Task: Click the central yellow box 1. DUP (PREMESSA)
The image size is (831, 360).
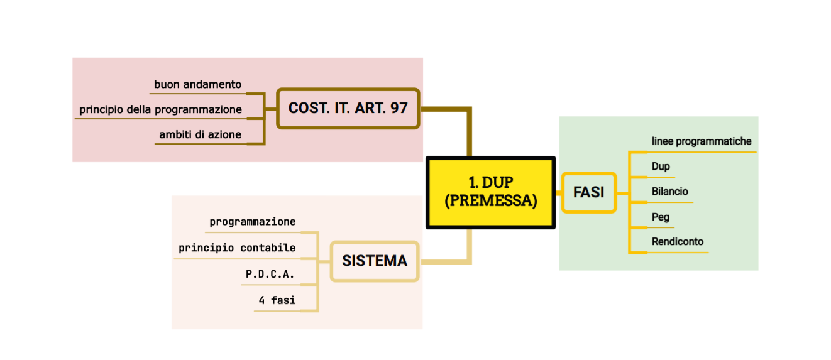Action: pos(490,192)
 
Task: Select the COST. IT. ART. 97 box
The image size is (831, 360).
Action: pos(348,109)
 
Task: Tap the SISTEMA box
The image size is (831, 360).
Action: pos(375,261)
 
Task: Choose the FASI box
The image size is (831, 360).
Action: pos(588,192)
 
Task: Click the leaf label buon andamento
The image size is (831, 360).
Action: pos(197,84)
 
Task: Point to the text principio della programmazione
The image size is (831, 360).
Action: pos(160,109)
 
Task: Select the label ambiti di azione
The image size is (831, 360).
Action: pos(200,134)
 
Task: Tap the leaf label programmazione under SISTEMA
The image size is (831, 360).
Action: pos(252,222)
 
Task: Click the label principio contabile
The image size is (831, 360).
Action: pos(236,248)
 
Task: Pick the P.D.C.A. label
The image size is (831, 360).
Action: pos(270,275)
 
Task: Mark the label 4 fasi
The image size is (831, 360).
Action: pos(277,300)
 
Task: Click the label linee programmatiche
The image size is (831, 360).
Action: pos(701,141)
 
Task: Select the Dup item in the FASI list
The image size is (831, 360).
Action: pos(661,166)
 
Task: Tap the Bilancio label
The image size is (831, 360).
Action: pos(669,191)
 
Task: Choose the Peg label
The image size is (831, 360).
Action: pos(660,217)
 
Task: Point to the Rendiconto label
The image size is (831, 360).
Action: pos(677,241)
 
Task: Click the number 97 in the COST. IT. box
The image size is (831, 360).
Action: pos(399,108)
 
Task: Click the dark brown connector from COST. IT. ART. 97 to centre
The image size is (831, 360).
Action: pos(468,126)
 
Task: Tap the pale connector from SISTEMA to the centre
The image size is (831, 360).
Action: pos(468,251)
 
